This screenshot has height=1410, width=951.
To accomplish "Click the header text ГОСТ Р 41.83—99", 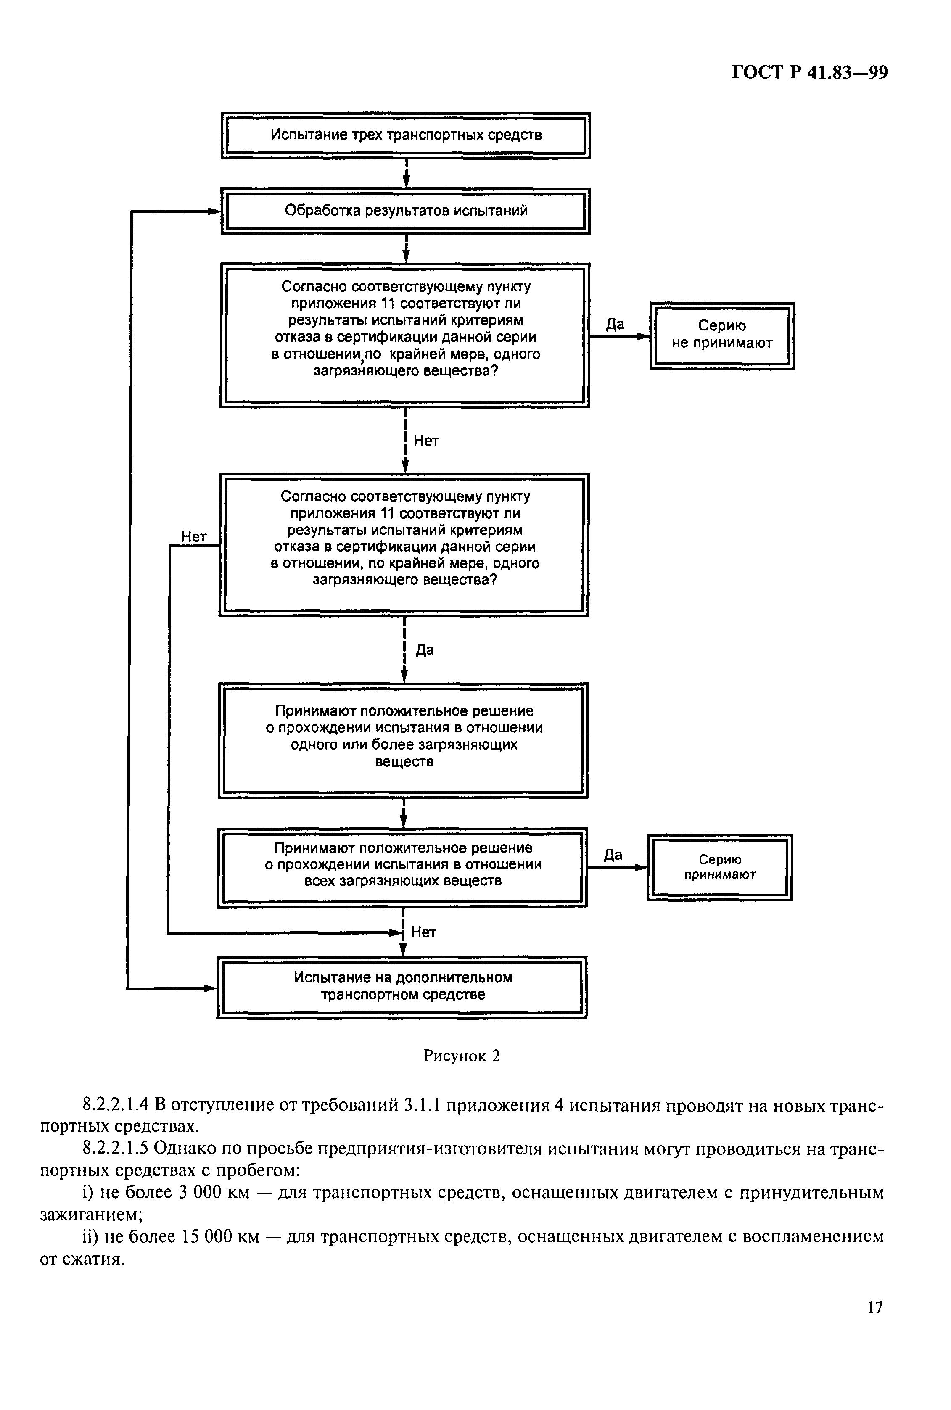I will [x=810, y=73].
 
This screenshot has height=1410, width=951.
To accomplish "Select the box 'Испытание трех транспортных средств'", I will [x=406, y=135].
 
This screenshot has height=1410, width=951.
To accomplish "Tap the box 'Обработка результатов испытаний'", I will [x=406, y=211].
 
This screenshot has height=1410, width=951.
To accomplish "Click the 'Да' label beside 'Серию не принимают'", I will [x=615, y=325].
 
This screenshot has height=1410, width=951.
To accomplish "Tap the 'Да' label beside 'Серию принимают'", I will [x=613, y=855].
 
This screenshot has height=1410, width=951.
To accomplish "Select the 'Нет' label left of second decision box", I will [x=194, y=537].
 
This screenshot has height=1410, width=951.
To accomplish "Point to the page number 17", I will [x=874, y=1325].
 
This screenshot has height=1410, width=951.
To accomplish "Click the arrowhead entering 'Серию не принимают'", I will [x=644, y=335].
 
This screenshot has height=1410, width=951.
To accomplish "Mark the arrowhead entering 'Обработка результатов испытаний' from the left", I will [x=215, y=211].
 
